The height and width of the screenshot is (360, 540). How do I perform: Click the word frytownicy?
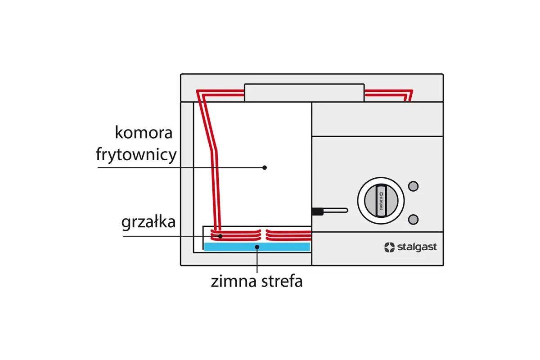(x=136, y=155)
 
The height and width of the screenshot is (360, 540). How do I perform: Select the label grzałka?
(x=148, y=222)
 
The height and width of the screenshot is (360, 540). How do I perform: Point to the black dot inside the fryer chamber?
(x=265, y=167)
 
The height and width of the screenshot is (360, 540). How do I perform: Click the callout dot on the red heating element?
(x=220, y=236)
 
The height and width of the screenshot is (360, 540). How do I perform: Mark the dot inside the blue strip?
(x=257, y=247)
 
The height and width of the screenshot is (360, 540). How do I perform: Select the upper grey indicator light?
(x=413, y=185)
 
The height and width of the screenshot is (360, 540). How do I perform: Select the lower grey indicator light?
(x=413, y=219)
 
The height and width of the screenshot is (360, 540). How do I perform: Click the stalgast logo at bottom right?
(x=410, y=247)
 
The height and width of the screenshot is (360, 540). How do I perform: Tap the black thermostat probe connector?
(x=317, y=211)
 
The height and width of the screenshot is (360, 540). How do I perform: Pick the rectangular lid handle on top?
(x=304, y=92)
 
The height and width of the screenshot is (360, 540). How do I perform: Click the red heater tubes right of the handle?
(x=387, y=94)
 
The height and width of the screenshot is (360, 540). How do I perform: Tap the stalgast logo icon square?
(x=389, y=247)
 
